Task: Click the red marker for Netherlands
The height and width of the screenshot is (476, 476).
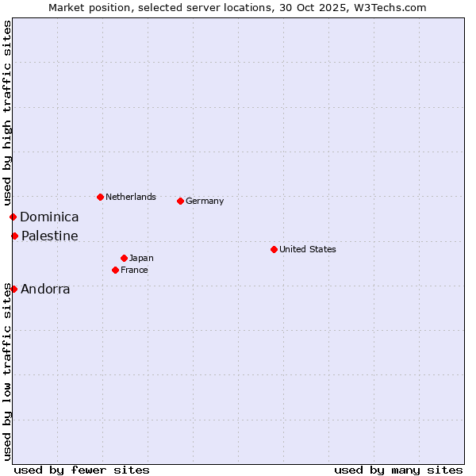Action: coord(100,197)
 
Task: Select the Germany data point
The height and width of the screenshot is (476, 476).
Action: coord(181,201)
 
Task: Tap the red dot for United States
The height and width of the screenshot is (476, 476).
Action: coord(274,249)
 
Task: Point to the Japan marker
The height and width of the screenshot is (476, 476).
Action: coord(125,258)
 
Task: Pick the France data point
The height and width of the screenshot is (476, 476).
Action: coord(116,270)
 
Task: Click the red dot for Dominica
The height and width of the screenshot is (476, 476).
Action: coord(13,217)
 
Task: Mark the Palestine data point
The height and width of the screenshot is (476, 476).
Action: coord(14,236)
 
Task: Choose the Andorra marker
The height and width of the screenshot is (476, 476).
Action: coord(13,289)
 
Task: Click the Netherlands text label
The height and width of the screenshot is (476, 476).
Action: coord(131,197)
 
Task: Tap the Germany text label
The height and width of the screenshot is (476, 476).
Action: coord(205,201)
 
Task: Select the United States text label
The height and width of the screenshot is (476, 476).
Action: coord(308,249)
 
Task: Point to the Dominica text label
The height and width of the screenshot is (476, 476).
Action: coord(49,217)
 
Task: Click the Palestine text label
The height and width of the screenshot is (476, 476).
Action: coord(50,236)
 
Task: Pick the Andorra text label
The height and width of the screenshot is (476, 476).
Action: coord(45,289)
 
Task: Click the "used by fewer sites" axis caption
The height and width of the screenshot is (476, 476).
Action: coord(82,470)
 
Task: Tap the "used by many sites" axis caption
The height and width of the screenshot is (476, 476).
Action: coord(398,470)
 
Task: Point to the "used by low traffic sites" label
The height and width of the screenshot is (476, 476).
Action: coord(7,371)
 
